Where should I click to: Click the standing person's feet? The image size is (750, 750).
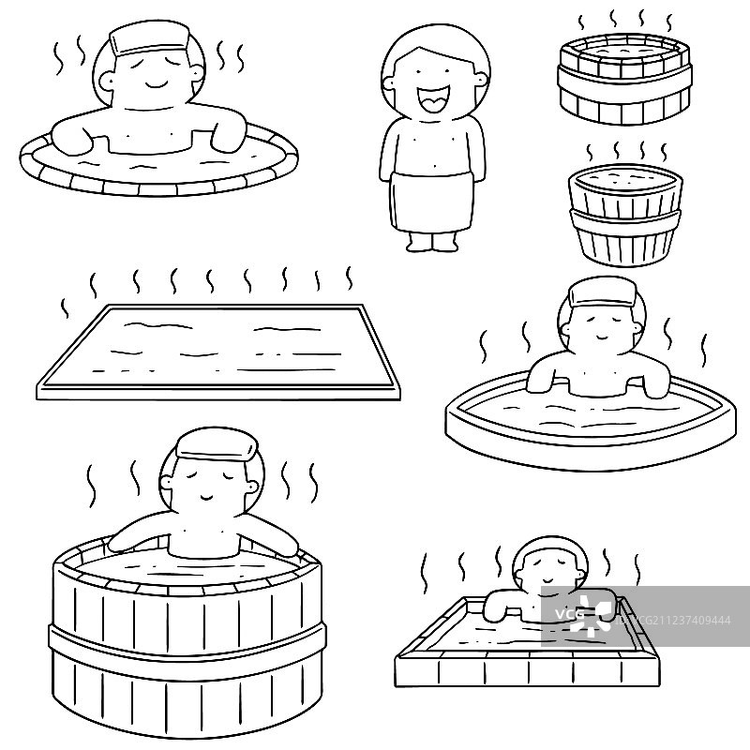pos(433,243)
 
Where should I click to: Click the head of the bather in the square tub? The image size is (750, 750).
pos(543,568)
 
